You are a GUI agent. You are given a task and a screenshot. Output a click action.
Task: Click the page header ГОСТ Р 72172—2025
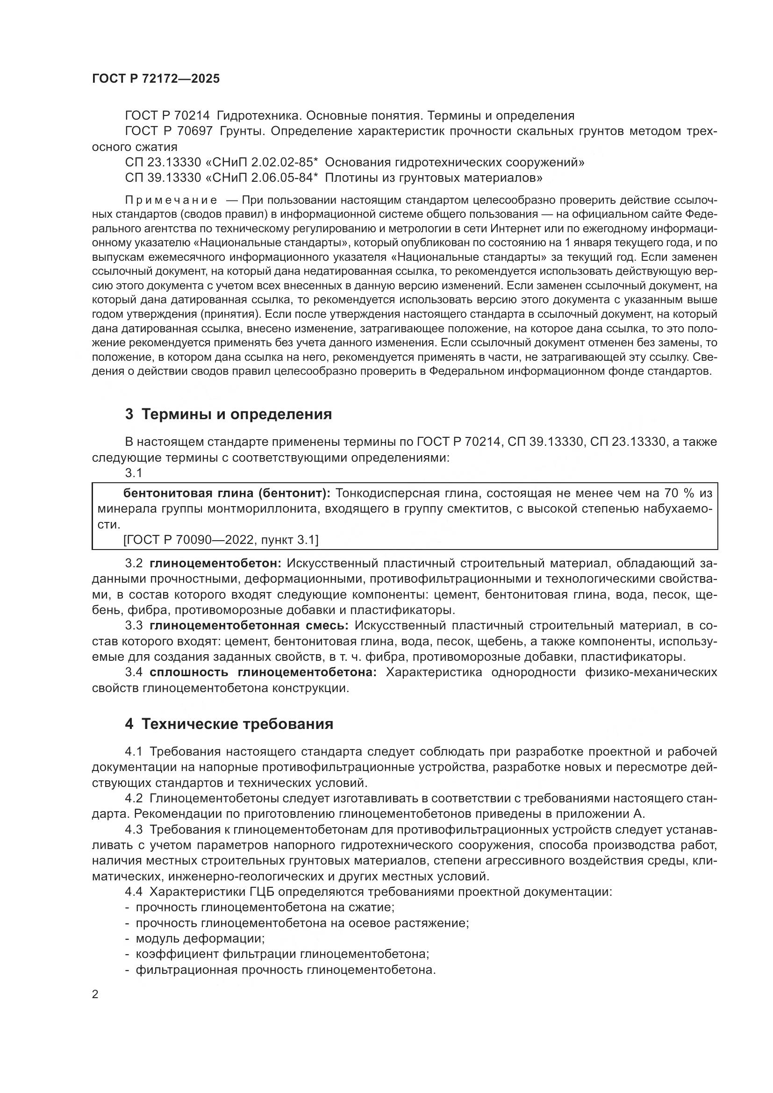(156, 79)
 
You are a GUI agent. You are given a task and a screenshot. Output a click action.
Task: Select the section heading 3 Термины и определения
(228, 414)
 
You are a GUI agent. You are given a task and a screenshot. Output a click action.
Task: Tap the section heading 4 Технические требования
(229, 738)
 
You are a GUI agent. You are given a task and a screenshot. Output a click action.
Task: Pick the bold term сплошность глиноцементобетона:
(263, 672)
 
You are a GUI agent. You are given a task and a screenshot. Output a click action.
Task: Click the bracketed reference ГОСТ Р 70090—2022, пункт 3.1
(221, 540)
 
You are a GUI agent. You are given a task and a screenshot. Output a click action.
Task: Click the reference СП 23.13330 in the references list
(163, 162)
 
